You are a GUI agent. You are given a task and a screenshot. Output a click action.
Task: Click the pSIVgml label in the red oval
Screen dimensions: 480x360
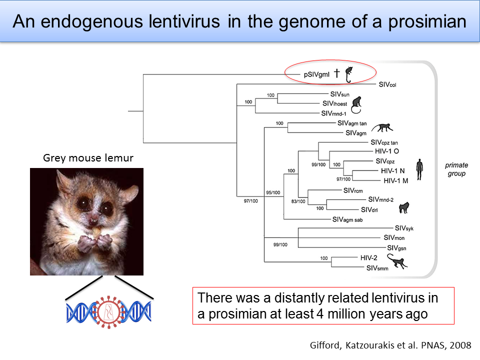tap(316, 74)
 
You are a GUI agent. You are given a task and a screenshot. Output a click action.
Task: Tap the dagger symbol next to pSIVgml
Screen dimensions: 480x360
tap(336, 73)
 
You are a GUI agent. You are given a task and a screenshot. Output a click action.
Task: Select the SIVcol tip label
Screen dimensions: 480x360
tap(387, 84)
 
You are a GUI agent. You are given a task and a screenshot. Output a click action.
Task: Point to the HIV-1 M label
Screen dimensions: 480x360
tap(396, 180)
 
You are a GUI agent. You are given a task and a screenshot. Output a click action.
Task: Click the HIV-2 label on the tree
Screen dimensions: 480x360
tap(368, 258)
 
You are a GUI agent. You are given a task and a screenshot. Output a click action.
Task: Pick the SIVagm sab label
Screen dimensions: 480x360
tap(347, 219)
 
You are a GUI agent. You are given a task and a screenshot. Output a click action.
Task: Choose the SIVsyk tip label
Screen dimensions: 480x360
tap(404, 228)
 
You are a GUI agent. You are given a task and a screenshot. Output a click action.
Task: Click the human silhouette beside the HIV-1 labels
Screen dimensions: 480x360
tap(419, 169)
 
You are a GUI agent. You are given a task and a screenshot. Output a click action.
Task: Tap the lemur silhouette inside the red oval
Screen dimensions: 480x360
tap(348, 74)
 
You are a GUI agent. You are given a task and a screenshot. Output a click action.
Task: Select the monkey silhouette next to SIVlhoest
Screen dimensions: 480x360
tap(356, 104)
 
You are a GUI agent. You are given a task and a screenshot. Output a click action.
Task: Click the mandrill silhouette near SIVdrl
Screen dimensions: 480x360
tap(404, 207)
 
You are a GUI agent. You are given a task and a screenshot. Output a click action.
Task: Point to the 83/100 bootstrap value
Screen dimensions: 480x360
tap(298, 201)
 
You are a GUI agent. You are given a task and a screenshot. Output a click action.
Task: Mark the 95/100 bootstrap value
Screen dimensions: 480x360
tap(273, 192)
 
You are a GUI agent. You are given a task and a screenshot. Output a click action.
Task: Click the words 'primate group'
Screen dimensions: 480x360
tap(456, 169)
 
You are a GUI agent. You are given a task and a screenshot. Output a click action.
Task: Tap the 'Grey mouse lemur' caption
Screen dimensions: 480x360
tap(88, 158)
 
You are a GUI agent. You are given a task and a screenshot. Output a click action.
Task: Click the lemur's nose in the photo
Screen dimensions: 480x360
tap(92, 219)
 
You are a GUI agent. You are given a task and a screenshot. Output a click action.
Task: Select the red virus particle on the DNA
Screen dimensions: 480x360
tap(108, 312)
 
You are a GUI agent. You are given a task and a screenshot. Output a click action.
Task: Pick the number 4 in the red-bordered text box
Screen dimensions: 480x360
tap(320, 314)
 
